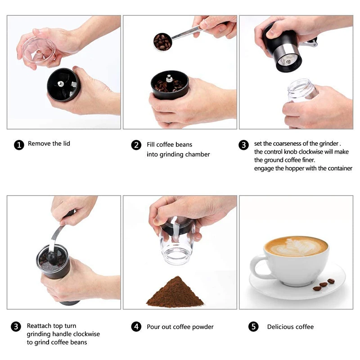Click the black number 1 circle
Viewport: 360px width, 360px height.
(19, 145)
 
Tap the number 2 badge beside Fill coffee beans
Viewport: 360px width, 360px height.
(136, 145)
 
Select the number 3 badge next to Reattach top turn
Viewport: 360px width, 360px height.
(16, 327)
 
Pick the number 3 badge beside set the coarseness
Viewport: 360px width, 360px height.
(243, 145)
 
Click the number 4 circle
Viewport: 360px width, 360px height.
(136, 327)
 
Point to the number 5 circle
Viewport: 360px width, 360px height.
(253, 327)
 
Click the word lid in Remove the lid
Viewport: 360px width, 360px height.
(66, 144)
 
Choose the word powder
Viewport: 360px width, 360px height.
(203, 327)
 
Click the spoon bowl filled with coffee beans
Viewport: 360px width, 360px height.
(162, 42)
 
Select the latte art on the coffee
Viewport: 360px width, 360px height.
(296, 247)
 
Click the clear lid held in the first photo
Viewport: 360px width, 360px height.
(39, 51)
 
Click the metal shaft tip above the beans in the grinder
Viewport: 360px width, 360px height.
(169, 78)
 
